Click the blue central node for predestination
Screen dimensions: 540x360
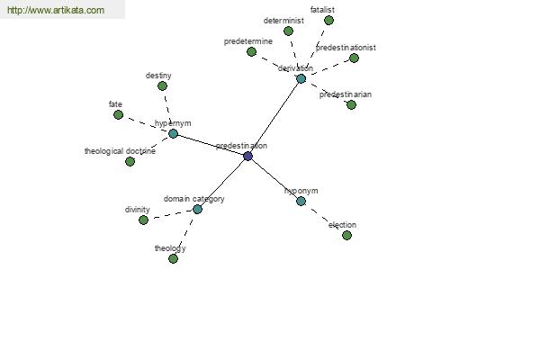[x=248, y=157]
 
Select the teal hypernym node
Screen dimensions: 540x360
[x=173, y=134]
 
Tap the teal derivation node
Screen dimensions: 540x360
[x=301, y=79]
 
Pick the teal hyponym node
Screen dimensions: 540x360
[x=301, y=202]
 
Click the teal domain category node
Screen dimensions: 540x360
[x=197, y=209]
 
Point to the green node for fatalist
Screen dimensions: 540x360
[x=328, y=21]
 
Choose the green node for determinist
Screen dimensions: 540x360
[x=289, y=31]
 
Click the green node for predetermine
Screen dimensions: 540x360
[x=252, y=52]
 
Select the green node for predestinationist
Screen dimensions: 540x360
[x=354, y=58]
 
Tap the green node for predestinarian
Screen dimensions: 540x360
[x=351, y=104]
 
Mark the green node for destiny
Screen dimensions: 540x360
[x=162, y=86]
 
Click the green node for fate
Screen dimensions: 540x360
[x=118, y=114]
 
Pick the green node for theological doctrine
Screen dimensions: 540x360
[x=130, y=161]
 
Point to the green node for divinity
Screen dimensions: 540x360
[x=144, y=220]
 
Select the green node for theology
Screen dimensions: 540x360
[x=173, y=258]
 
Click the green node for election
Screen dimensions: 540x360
[x=346, y=235]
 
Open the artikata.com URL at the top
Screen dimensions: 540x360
[x=56, y=10]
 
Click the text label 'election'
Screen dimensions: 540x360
[x=342, y=225]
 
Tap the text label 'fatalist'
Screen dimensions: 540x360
[x=322, y=10]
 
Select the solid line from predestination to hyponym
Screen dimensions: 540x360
[x=274, y=179]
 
